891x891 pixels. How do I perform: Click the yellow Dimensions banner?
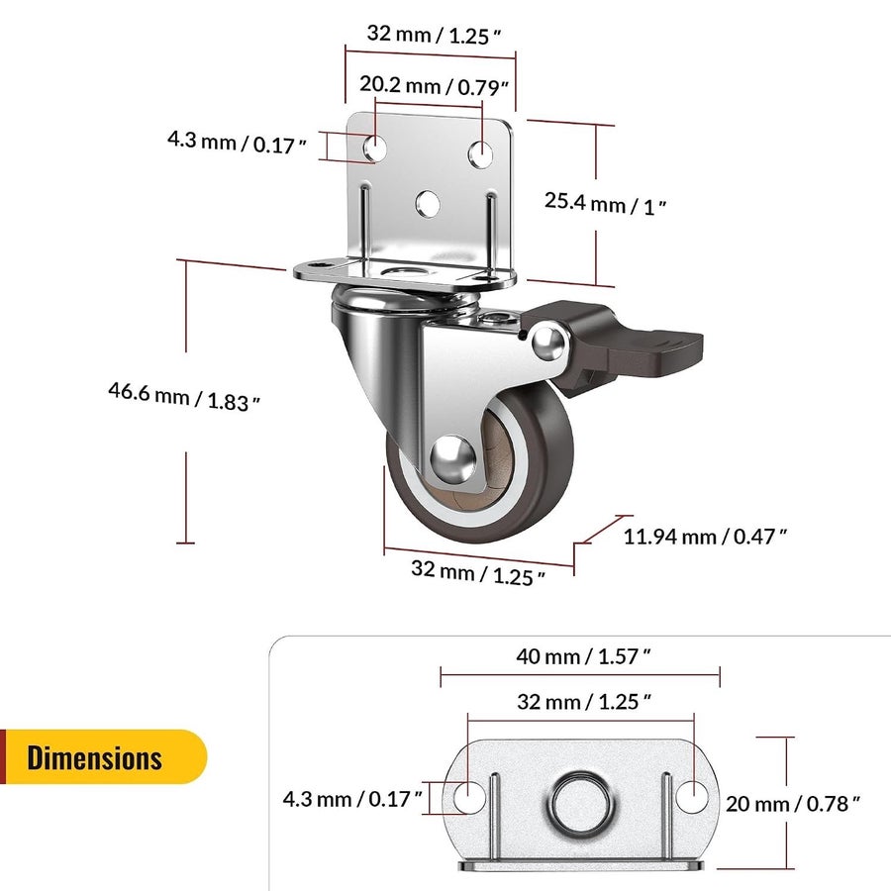(x=103, y=757)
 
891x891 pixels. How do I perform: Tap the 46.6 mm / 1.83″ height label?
(x=184, y=397)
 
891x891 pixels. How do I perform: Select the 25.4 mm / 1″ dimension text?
(x=605, y=203)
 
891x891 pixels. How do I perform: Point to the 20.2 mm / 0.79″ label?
(x=434, y=86)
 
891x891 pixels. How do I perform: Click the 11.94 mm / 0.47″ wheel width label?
(x=705, y=537)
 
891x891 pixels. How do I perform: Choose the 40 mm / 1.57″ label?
(x=583, y=657)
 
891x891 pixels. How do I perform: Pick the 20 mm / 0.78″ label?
(x=793, y=804)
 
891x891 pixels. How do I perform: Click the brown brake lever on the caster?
(x=625, y=347)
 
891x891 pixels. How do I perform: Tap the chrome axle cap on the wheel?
(x=452, y=459)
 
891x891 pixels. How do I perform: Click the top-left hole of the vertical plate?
(x=375, y=148)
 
